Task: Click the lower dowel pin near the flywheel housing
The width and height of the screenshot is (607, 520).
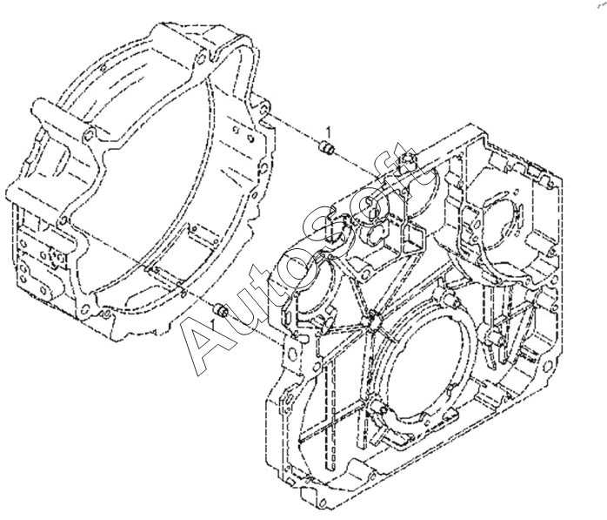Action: [221, 309]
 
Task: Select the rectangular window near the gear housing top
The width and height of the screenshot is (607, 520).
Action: [414, 233]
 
